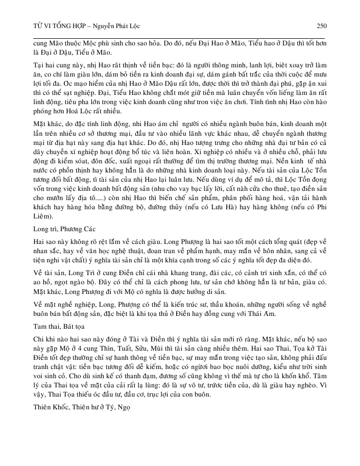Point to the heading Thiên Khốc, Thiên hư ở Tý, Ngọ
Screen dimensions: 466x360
coord(77,408)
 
